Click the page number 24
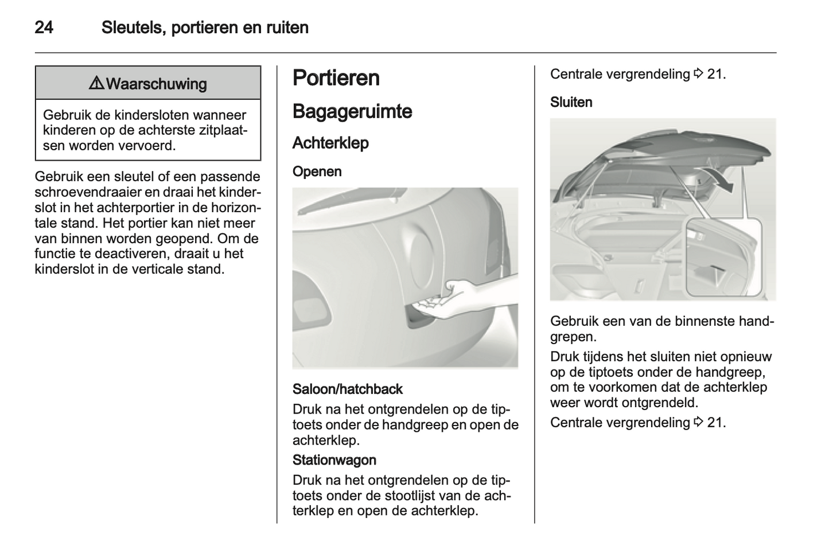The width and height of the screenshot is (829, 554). (x=44, y=28)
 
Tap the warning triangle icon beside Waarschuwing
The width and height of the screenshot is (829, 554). (x=96, y=84)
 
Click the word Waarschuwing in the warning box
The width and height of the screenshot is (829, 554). (x=157, y=84)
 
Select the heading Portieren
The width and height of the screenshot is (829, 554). (x=336, y=78)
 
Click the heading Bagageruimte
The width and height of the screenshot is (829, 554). (x=352, y=111)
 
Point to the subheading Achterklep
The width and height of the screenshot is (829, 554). (x=330, y=143)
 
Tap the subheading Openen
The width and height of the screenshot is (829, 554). (x=317, y=171)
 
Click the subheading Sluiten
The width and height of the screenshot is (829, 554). (x=571, y=102)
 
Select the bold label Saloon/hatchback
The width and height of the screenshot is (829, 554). (x=347, y=389)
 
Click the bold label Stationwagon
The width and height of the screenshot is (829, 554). (x=334, y=460)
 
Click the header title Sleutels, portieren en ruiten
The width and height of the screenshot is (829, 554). (x=205, y=28)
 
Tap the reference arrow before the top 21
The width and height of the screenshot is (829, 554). (x=698, y=74)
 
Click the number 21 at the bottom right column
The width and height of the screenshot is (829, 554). (x=716, y=423)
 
